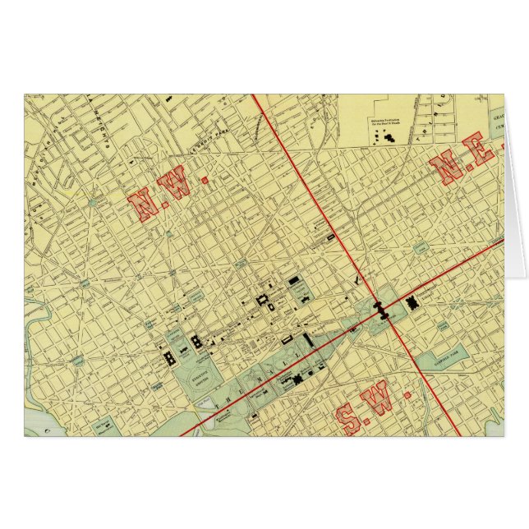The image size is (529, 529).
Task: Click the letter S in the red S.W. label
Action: coord(352,420)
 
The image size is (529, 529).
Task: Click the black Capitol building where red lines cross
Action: coord(380,308)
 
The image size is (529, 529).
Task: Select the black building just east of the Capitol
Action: coord(413,303)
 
